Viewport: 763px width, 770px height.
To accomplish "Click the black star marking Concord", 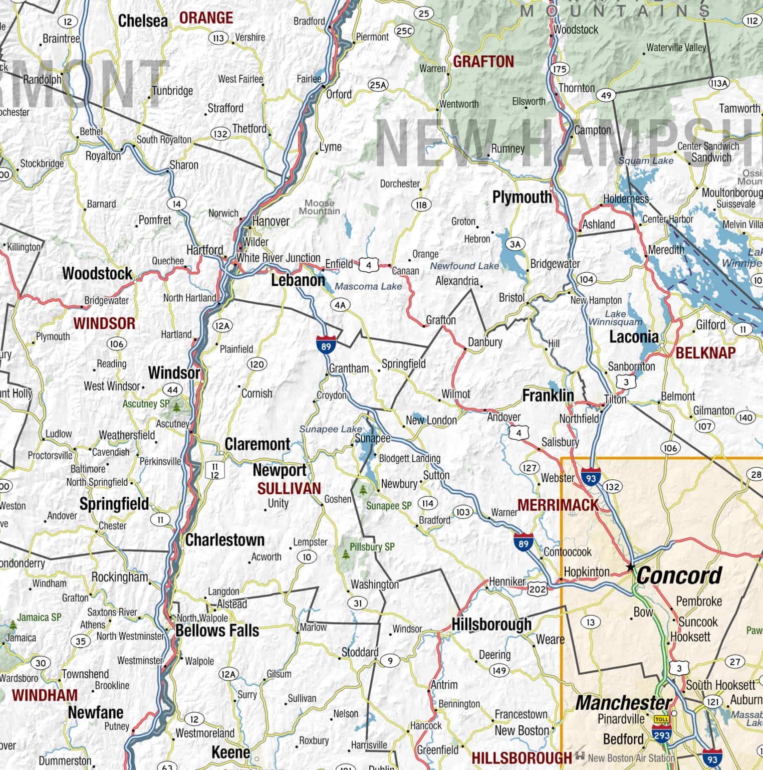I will (x=631, y=567).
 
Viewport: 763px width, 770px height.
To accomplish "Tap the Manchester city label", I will (x=623, y=703).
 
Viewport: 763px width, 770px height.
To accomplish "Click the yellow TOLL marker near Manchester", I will (x=661, y=719).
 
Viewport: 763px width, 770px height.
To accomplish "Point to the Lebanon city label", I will (x=298, y=280).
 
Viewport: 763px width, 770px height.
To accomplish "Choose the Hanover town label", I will (x=271, y=221).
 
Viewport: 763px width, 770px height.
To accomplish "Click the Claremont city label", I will (x=258, y=444).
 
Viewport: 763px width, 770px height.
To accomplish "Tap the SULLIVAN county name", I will (x=289, y=489).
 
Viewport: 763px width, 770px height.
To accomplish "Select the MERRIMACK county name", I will (x=558, y=505).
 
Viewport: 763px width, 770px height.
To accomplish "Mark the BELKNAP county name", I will (x=705, y=353).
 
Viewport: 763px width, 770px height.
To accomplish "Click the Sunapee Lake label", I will (x=330, y=429).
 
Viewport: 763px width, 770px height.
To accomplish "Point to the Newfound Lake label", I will (x=464, y=266).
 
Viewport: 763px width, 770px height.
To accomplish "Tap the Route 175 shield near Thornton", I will (x=560, y=69).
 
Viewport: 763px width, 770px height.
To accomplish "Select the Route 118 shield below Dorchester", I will (x=421, y=205).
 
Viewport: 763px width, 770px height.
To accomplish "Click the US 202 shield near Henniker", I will (x=537, y=589).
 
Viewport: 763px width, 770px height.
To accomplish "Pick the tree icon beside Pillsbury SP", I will (x=346, y=554).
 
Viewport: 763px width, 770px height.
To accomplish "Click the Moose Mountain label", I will (x=319, y=207).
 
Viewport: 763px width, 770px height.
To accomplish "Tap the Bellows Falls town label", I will (x=217, y=631).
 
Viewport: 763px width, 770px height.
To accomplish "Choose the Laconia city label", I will (x=633, y=337).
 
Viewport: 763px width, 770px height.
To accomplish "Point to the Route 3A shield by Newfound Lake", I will (x=515, y=244).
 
